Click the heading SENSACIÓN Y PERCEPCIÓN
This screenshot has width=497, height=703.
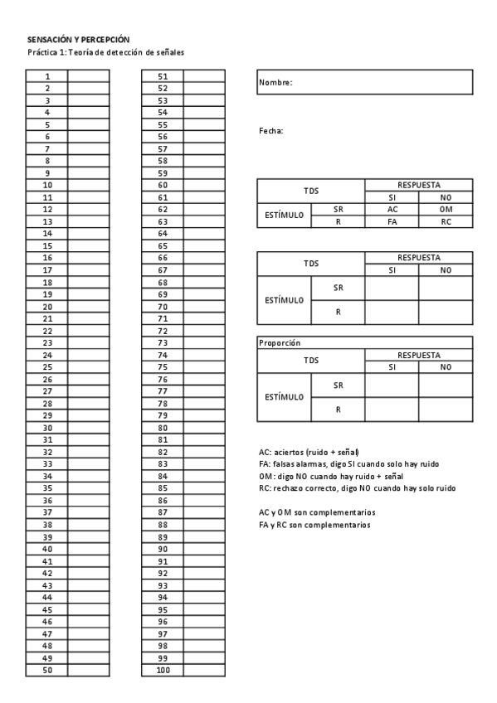point(78,40)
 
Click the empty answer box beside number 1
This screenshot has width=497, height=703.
point(88,75)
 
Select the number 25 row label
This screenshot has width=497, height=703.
point(47,366)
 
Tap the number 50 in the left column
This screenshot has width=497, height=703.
point(47,670)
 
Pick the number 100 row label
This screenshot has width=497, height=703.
point(163,670)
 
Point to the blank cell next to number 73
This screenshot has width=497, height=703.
point(204,342)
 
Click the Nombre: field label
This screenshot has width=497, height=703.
point(275,82)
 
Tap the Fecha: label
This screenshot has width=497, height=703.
point(271,131)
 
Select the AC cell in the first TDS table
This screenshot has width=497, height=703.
point(392,210)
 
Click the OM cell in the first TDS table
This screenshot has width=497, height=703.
point(446,210)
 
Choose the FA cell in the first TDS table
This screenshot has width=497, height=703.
point(392,222)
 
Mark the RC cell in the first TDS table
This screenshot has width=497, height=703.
point(446,222)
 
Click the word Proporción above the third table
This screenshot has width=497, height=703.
point(279,342)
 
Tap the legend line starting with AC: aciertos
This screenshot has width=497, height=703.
point(309,453)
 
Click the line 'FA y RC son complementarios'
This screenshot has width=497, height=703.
point(314,525)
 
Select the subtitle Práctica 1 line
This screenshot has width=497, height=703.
point(105,52)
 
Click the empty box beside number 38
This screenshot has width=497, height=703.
point(88,525)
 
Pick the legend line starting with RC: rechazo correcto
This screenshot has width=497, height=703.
point(356,488)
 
